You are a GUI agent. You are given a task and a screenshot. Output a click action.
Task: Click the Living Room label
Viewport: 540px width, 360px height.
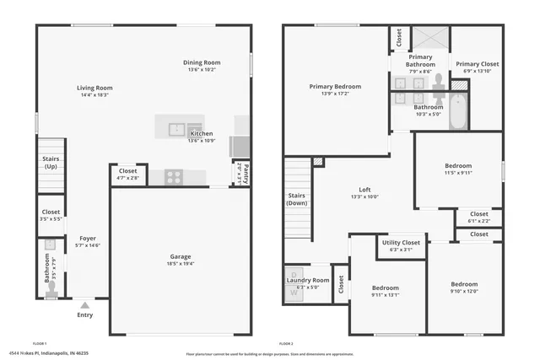coord(95,88)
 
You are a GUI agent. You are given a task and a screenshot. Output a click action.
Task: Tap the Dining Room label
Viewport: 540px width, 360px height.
coord(202,62)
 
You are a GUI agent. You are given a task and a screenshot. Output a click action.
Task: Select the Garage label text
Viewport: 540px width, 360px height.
coord(180,256)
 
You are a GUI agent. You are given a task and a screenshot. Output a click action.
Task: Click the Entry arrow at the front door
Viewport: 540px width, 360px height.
coord(84,304)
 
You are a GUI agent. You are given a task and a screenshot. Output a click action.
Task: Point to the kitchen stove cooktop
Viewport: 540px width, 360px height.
coord(175,177)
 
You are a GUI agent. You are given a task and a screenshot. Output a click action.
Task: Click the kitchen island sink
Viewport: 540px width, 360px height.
coord(177,129)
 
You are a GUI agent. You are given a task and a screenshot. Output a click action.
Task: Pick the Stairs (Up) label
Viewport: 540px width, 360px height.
coord(51,163)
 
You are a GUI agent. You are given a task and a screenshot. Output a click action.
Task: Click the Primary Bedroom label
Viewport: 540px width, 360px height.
coord(335,86)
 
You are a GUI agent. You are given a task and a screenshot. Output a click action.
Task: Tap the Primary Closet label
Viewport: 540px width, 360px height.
coord(478,63)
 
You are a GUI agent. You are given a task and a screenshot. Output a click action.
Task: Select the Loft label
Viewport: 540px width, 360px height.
coord(364,190)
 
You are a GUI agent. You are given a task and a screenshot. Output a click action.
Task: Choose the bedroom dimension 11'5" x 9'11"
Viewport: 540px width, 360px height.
coord(458,173)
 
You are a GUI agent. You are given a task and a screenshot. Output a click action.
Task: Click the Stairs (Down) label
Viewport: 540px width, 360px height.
coord(296,198)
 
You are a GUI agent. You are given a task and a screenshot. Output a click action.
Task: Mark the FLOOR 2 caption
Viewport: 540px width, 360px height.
coord(284,344)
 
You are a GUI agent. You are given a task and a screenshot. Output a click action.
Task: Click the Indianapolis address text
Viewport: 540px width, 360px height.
coord(48,354)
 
